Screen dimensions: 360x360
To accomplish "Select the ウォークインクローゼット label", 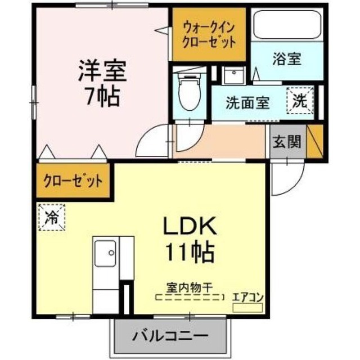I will tap(208, 34).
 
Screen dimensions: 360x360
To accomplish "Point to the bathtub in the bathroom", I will tap(286, 25).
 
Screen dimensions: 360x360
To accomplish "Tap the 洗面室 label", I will tap(247, 103).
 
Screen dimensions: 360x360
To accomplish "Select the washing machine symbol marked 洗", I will tap(301, 102).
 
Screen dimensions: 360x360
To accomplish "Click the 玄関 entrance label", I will tap(287, 141).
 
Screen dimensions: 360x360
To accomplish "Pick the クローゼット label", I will tap(74, 181).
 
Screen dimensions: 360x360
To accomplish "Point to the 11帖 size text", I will tap(188, 251).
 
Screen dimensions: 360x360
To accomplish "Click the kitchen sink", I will tap(106, 253).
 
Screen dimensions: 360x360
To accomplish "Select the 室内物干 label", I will tap(188, 288).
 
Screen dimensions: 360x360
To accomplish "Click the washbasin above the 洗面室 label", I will tap(231, 76).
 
